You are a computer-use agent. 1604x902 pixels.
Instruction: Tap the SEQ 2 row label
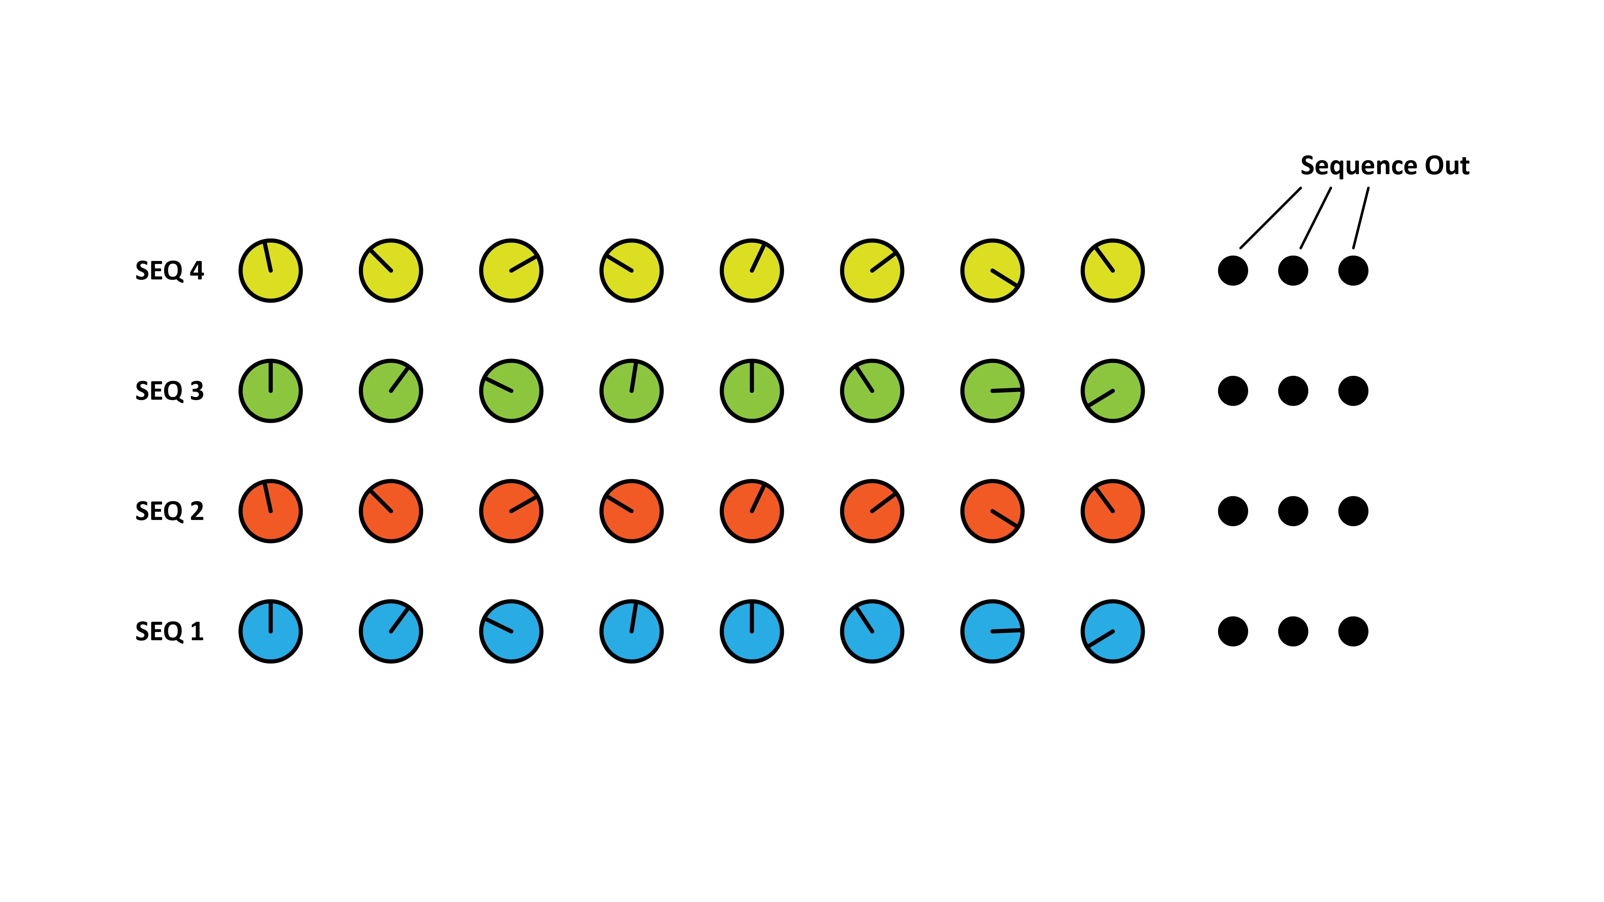(169, 511)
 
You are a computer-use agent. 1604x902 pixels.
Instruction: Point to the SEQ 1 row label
(169, 631)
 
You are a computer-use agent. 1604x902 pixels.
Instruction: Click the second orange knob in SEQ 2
(390, 511)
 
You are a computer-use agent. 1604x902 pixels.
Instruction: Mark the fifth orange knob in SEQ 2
(751, 511)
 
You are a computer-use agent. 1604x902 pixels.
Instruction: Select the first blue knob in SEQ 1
(270, 631)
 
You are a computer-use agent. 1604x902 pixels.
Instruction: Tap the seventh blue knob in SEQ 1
(992, 631)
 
